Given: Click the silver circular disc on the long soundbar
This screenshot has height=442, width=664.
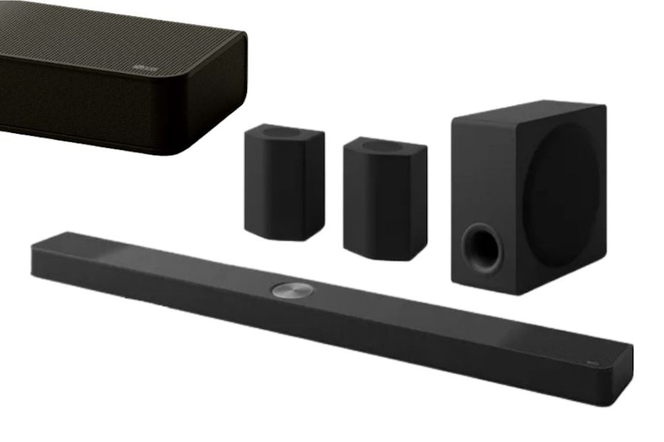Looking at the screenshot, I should pyautogui.click(x=292, y=290).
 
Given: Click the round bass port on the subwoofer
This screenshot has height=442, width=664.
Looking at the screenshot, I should pyautogui.click(x=483, y=248).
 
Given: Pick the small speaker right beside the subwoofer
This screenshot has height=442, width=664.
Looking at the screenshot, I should pyautogui.click(x=384, y=198).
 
